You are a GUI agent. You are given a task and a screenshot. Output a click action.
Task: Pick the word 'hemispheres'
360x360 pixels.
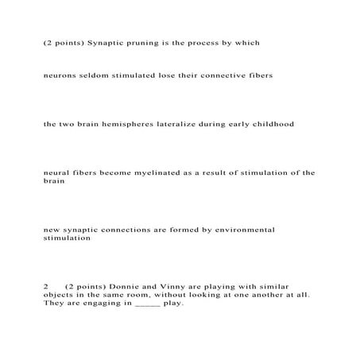[152, 124]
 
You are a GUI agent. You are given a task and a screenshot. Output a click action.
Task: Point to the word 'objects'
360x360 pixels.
[60, 294]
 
